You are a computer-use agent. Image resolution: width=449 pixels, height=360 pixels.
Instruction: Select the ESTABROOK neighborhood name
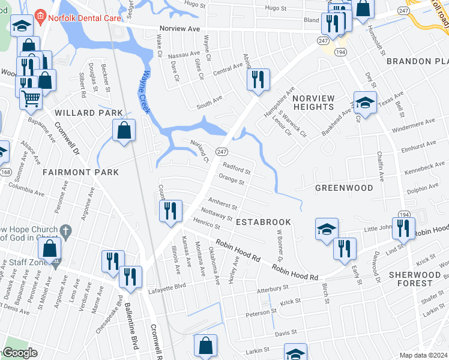click(x=264, y=222)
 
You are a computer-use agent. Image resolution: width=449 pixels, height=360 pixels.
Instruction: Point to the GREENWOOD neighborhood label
click(x=345, y=188)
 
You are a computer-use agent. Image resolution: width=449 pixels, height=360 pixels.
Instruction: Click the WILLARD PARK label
click(x=89, y=113)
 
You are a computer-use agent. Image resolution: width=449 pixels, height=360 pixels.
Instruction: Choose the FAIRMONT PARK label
click(x=81, y=172)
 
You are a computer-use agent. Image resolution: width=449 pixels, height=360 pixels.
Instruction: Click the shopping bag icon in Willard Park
click(x=124, y=130)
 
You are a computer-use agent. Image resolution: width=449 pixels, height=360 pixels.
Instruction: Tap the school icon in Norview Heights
click(x=364, y=103)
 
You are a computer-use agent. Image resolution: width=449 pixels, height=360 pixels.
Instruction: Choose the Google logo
click(x=19, y=353)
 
